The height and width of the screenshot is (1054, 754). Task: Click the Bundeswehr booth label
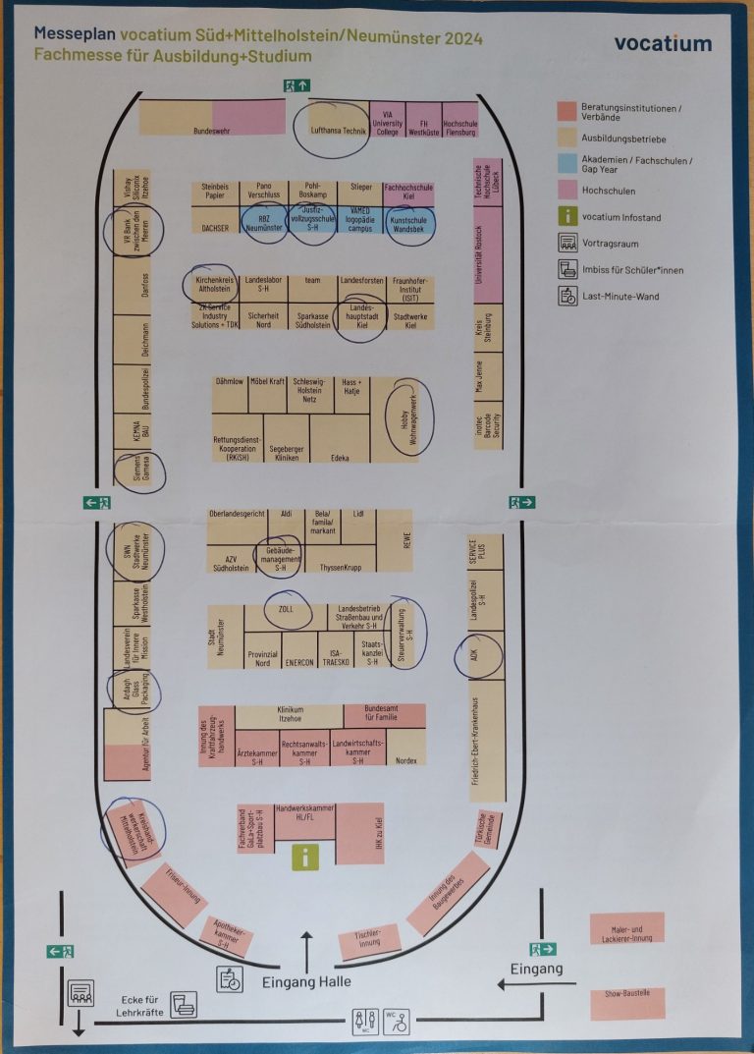pos(211,130)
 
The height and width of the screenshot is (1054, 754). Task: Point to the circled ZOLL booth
pos(286,610)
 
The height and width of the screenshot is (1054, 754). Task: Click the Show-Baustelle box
pos(627,1003)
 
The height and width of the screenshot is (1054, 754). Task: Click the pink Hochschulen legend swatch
pos(566,191)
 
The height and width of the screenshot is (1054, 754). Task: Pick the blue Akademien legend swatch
pos(566,162)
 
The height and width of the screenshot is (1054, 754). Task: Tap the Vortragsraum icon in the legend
pos(567,243)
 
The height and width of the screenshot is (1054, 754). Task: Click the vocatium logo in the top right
pos(663,43)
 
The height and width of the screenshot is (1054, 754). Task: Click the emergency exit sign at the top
pos(297,84)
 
